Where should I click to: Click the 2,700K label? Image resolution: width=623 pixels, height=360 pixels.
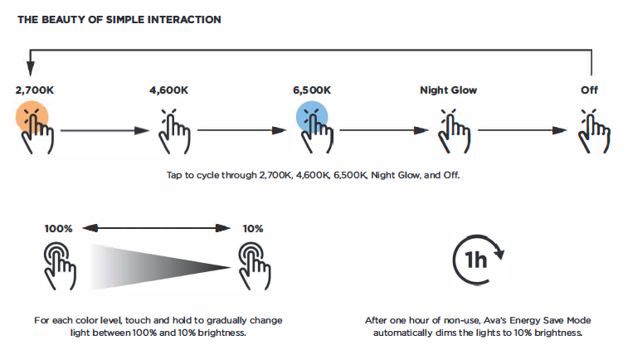35,90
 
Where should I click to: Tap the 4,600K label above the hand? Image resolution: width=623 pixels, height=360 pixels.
169,90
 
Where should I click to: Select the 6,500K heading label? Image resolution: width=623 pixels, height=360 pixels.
312,90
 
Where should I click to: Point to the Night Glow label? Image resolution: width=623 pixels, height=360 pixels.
448,90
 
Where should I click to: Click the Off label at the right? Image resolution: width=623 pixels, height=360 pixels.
589,90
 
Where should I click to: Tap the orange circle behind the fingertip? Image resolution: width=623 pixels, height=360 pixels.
32,117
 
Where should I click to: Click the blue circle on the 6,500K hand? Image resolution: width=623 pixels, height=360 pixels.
312,117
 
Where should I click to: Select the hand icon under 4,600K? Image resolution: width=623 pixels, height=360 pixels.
174,131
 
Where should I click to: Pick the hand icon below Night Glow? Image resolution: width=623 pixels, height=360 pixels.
454,131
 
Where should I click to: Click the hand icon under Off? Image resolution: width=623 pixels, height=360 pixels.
594,131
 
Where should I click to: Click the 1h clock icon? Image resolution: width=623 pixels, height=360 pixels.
478,260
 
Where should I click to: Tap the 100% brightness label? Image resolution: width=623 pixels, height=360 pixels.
58,229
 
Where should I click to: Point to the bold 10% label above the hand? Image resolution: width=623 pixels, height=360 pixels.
253,229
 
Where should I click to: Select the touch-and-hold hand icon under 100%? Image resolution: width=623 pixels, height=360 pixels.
60,266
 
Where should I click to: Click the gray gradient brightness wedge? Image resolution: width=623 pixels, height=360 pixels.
159,267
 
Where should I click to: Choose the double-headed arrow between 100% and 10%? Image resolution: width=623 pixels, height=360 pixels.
157,228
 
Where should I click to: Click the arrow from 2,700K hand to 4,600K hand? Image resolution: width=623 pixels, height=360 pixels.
105,130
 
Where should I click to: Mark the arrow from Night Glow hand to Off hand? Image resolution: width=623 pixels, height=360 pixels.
522,130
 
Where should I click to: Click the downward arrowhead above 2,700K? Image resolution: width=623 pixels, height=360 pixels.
30,68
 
